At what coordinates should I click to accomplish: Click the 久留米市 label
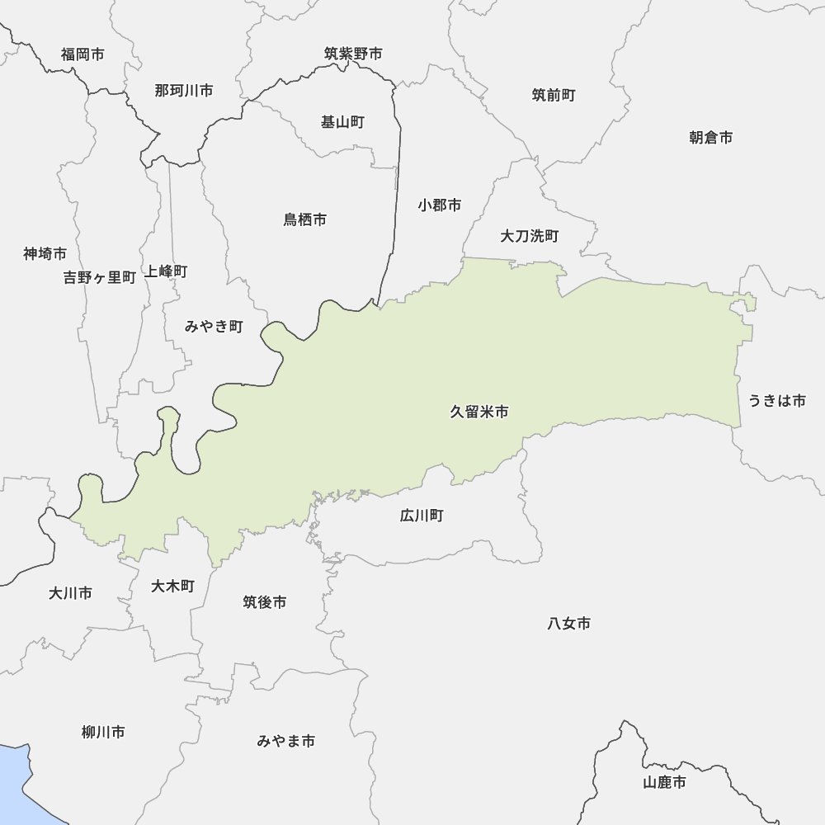click(478, 412)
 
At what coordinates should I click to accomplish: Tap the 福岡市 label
click(82, 54)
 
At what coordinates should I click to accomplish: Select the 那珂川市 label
click(183, 91)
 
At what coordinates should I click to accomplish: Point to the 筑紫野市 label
click(353, 54)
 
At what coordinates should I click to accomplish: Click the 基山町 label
click(342, 122)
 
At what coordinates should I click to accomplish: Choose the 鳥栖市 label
click(305, 219)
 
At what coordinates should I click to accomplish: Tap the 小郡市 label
click(439, 205)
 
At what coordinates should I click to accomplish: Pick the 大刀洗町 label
click(530, 237)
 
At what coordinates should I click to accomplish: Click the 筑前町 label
click(554, 95)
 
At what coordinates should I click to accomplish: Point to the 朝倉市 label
click(711, 137)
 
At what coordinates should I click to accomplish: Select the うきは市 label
click(776, 401)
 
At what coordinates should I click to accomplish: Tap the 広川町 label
click(422, 516)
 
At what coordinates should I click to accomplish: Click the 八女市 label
click(568, 624)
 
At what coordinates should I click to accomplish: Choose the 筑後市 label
click(265, 602)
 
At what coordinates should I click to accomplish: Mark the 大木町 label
click(173, 586)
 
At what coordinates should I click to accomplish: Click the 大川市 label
click(70, 592)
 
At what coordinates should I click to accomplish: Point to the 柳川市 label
click(103, 732)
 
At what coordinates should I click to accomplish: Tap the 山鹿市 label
click(664, 782)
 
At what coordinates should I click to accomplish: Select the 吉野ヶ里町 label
click(100, 277)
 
